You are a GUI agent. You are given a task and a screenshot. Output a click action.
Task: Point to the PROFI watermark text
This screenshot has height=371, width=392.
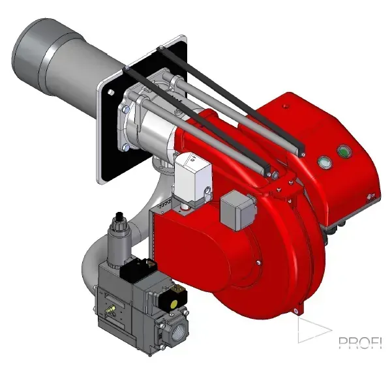coord(359,342)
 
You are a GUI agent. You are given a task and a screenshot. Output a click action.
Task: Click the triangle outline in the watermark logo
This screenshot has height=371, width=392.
coord(311,330)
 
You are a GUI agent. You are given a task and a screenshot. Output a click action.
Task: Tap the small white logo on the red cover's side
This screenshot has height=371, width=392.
coord(371,192)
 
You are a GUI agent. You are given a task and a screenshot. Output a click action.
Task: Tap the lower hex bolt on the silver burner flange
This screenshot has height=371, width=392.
coord(127,149)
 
